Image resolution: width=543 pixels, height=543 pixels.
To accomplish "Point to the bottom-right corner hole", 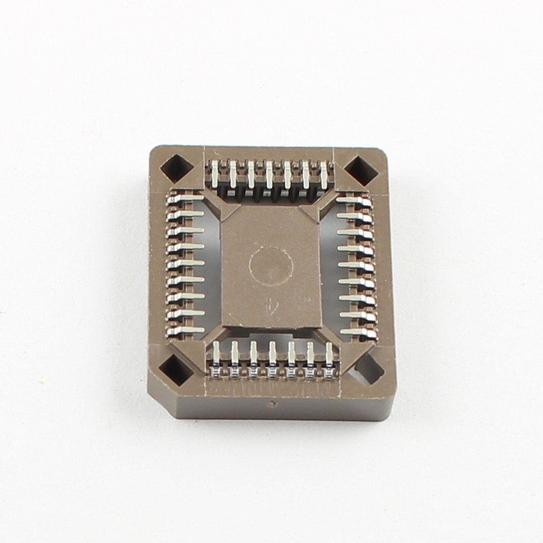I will pyautogui.click(x=367, y=370).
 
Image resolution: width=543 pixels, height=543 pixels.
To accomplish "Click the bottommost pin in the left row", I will pyautogui.click(x=185, y=329).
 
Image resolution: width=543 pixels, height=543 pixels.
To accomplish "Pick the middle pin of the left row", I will pyautogui.click(x=185, y=264).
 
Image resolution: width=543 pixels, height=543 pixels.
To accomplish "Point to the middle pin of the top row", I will pyautogui.click(x=269, y=174).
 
